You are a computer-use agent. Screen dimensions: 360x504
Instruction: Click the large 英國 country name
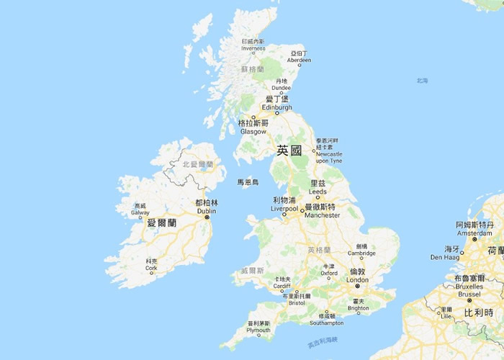tap(291, 150)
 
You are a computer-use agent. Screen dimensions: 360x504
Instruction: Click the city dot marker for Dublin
tap(207, 217)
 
